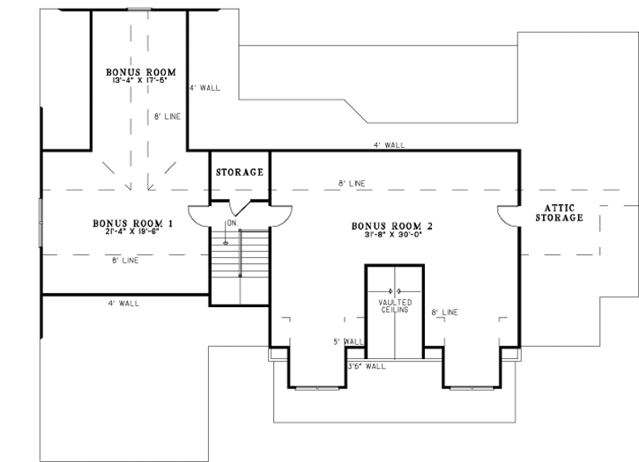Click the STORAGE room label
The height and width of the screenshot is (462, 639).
point(239,172)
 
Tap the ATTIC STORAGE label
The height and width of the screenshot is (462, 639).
point(559,213)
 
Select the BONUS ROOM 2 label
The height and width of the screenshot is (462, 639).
point(391,226)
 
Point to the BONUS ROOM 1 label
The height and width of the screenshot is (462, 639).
point(132,223)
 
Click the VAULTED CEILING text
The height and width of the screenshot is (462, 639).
point(395,306)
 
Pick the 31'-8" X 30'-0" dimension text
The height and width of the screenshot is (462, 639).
point(393,234)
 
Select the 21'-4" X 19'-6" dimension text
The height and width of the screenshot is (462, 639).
point(131,231)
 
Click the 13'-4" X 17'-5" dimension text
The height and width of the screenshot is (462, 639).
point(140,80)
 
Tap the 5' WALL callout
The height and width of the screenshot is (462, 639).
point(348,342)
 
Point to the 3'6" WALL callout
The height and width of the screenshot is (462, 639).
point(367,366)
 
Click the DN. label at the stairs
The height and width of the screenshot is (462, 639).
point(233,223)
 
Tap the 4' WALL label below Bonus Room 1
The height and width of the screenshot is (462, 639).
point(123,304)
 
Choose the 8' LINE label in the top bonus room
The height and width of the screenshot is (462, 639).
point(167,117)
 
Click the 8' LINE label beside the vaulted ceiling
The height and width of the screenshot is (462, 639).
point(444,312)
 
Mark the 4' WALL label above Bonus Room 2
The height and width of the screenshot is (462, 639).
point(390,145)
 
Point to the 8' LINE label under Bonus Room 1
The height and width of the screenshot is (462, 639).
point(125,260)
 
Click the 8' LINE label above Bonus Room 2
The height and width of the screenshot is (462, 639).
point(352,184)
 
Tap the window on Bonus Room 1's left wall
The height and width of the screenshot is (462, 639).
point(41,223)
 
